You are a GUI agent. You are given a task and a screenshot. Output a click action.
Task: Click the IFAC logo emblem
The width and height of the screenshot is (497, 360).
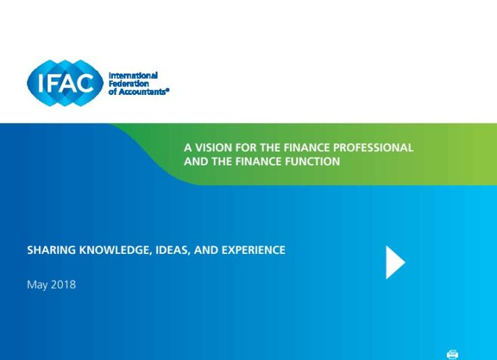(66, 83)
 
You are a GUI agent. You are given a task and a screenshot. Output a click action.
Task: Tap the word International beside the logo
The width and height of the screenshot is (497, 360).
(133, 75)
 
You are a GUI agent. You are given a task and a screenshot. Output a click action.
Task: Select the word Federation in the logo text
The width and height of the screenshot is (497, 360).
(129, 84)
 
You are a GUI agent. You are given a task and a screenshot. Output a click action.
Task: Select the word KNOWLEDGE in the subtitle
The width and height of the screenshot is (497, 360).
(115, 250)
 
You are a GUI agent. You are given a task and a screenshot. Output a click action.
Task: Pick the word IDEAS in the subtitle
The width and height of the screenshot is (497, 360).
(173, 250)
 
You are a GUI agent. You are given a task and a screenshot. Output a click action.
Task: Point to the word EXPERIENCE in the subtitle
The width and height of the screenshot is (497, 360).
(253, 250)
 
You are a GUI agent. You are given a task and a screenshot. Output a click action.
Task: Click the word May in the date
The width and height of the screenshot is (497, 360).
(38, 285)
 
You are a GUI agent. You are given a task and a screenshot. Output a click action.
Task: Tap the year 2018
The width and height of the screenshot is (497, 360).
(63, 284)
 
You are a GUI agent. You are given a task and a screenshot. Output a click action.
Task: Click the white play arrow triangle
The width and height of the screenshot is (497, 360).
(394, 262)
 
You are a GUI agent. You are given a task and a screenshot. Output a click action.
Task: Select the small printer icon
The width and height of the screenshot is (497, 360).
(452, 354)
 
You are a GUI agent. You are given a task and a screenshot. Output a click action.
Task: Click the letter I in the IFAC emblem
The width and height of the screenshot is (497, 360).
(40, 83)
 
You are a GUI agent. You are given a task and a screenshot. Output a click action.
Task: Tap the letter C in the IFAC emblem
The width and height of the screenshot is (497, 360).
(85, 83)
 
